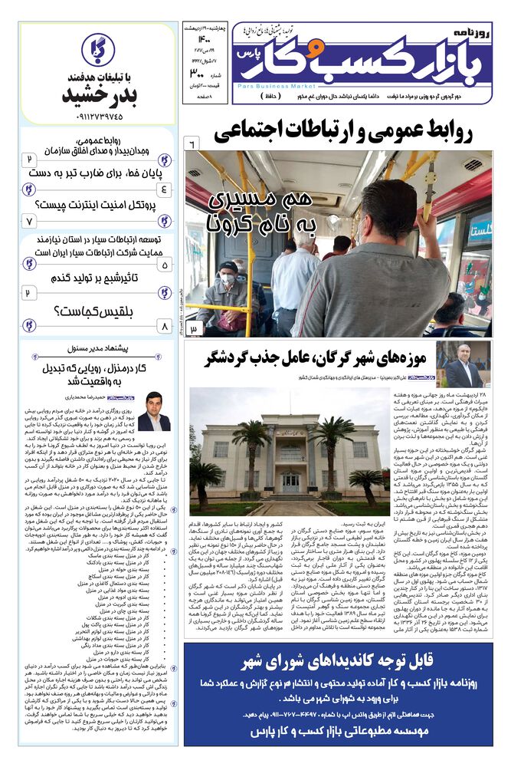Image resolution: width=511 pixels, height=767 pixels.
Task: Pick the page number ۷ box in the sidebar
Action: (30, 221)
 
